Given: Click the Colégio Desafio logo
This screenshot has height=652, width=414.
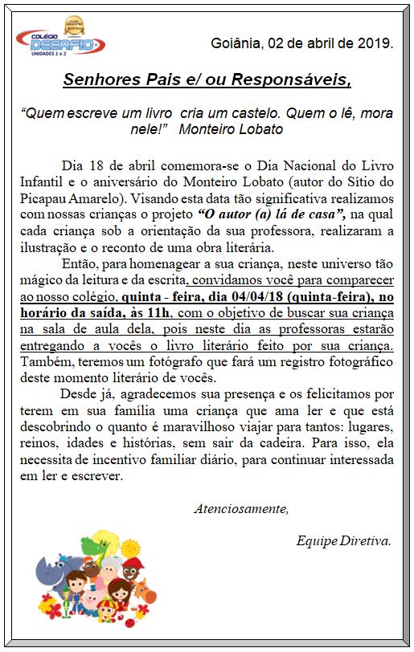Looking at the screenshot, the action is tap(60, 41).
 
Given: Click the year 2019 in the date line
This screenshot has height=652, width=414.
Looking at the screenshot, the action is tap(376, 43).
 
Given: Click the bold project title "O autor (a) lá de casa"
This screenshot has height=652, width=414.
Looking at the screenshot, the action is tap(277, 212).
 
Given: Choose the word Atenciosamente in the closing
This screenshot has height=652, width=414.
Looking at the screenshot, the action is tap(240, 507).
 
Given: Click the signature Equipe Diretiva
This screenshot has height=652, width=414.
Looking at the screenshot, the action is tap(343, 540).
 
